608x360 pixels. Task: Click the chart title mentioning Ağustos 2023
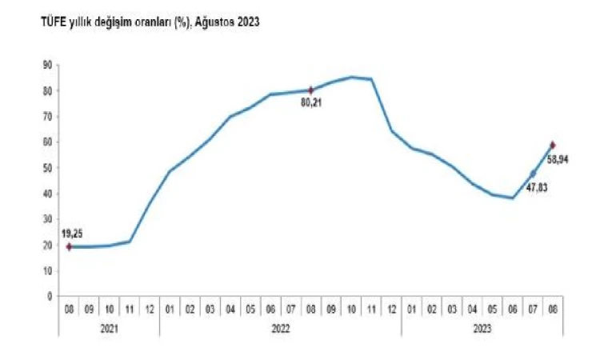click(150, 23)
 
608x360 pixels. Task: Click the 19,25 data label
click(72, 234)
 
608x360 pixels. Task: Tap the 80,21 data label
click(311, 102)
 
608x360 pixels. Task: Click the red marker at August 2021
click(69, 247)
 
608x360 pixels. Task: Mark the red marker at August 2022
click(311, 90)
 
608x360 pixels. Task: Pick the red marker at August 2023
click(553, 145)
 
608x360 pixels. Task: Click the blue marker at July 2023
click(533, 174)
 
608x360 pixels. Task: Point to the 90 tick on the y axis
click(47, 65)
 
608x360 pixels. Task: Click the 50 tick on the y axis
click(47, 168)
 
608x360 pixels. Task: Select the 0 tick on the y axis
click(50, 297)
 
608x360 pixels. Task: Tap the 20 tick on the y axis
click(47, 246)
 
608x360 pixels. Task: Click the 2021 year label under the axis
click(109, 327)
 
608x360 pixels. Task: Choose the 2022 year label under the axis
click(281, 327)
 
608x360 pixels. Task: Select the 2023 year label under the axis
click(482, 327)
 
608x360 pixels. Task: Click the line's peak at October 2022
click(351, 77)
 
